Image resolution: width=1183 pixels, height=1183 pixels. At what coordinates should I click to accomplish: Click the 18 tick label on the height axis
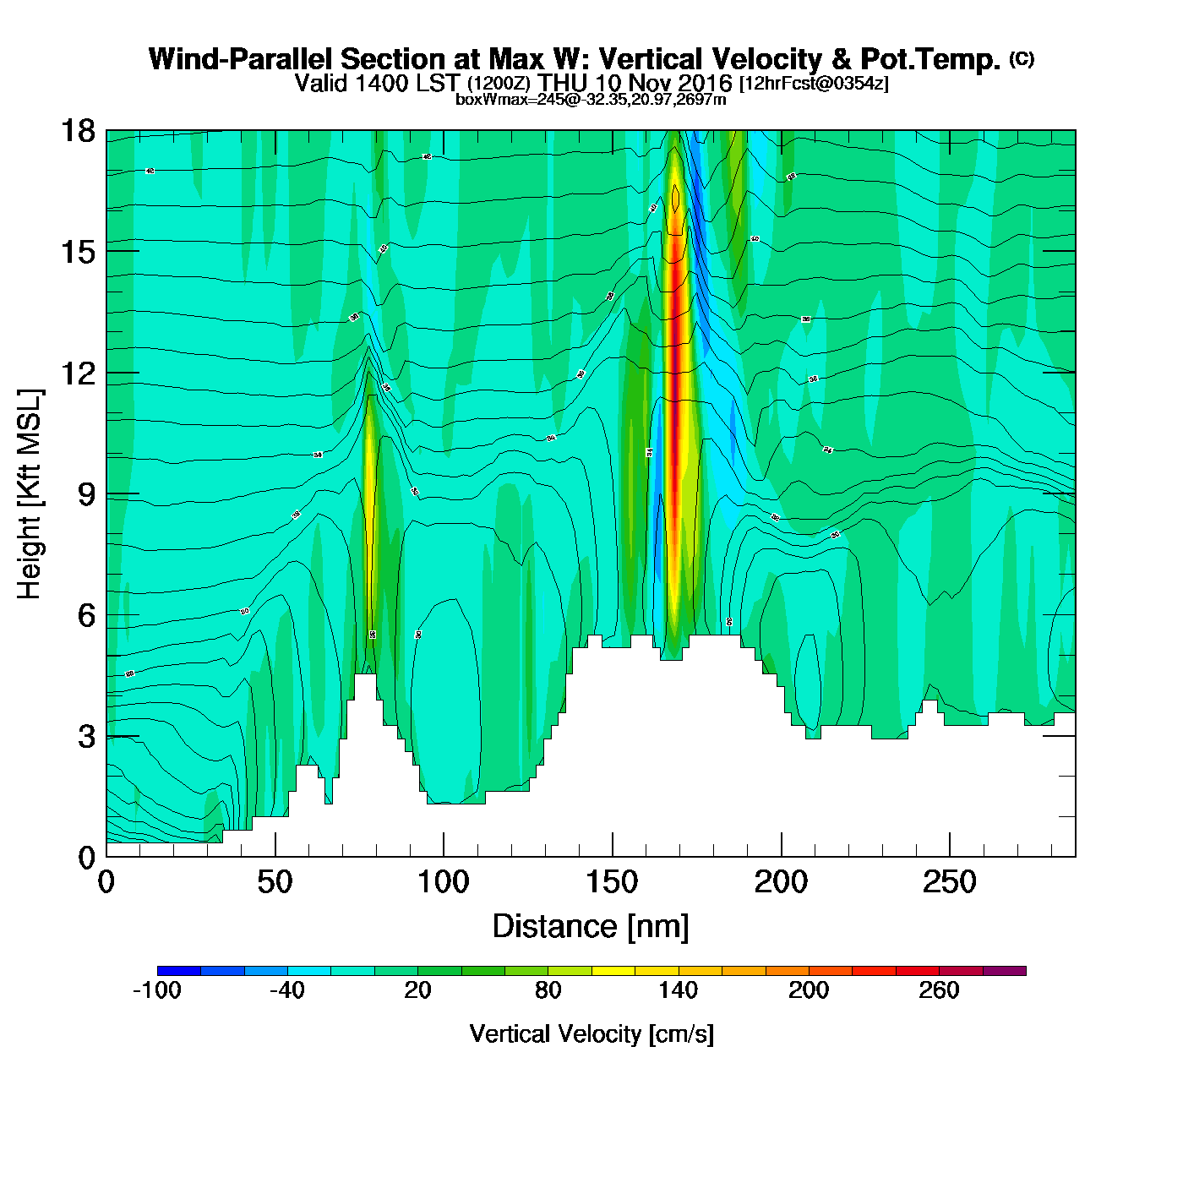pos(77,131)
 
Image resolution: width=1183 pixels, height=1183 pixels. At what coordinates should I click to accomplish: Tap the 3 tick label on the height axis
pos(86,736)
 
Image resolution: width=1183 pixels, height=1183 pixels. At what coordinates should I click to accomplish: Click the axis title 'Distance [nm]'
pos(591,927)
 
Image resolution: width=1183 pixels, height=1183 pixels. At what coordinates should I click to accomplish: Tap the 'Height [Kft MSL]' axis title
pos(30,494)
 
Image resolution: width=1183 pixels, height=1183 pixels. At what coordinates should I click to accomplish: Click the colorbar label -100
pos(157,990)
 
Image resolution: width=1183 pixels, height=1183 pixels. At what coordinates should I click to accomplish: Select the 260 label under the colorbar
pos(939,990)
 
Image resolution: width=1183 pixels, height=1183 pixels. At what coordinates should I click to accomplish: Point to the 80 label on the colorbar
pos(548,990)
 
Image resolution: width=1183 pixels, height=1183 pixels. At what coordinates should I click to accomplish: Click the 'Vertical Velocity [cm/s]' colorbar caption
pos(591,1034)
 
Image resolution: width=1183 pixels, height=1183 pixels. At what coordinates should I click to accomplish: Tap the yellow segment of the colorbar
pos(613,971)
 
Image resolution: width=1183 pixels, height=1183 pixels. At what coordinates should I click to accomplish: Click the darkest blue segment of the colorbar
pos(179,971)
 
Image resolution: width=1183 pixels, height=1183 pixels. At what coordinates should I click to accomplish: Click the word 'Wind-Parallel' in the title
pos(242,59)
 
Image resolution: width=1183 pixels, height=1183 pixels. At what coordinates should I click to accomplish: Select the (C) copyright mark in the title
pos(1022,58)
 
